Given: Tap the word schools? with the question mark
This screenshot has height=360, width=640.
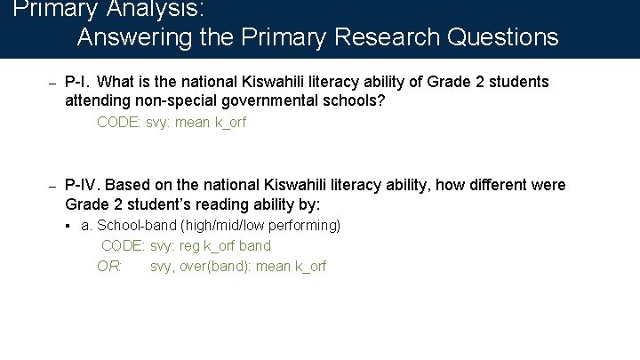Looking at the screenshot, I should [x=357, y=100].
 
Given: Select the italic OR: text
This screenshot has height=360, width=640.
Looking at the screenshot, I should [x=109, y=266].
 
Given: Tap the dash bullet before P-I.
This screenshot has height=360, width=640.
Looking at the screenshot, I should [x=52, y=84].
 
